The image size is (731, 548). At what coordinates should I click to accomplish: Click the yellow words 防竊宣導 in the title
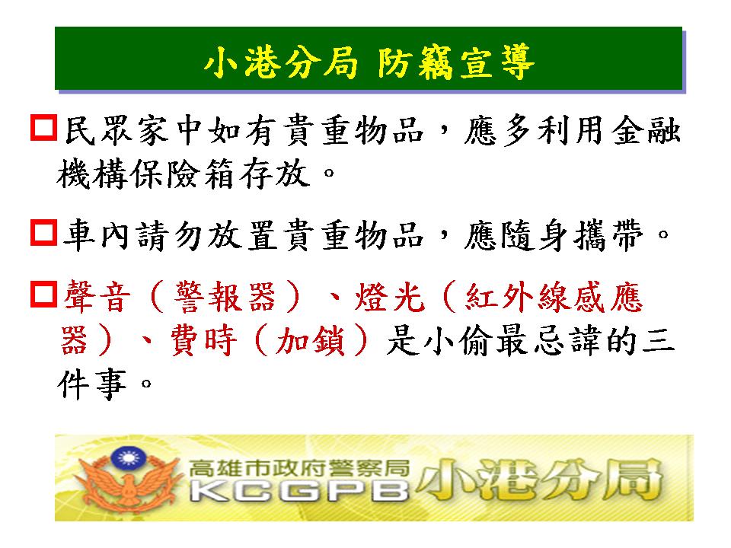coord(455,62)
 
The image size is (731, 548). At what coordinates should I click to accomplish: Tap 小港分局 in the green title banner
coord(281,62)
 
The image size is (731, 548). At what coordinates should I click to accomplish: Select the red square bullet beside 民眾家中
coord(44,127)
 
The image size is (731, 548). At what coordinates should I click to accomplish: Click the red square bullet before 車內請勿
coord(44,233)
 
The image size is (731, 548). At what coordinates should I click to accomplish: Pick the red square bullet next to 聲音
coord(44,294)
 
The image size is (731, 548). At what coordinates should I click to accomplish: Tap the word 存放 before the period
coord(275,174)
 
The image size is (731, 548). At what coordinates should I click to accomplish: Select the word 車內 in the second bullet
coord(96,235)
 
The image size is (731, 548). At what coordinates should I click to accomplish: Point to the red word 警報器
coord(225,298)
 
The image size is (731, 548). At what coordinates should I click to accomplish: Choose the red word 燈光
coord(390,298)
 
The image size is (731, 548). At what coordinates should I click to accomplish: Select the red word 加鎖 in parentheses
coord(311,341)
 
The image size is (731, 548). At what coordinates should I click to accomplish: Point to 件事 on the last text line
coord(92,384)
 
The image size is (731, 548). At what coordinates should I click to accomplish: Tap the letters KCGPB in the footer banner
coord(298,490)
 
